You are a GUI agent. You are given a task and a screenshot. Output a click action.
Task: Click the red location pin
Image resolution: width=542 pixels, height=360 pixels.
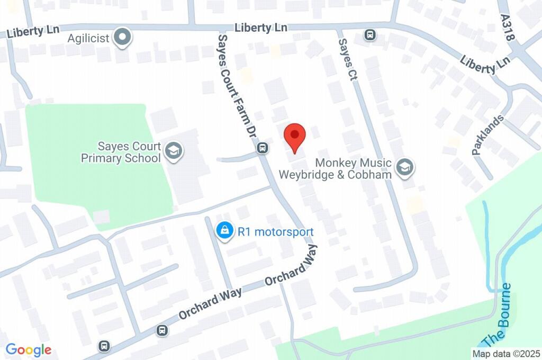pyautogui.click(x=295, y=137)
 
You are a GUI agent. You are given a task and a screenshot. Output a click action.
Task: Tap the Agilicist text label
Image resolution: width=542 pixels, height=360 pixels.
pyautogui.click(x=88, y=38)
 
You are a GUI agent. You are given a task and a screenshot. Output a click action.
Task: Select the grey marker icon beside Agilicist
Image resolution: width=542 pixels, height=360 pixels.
pyautogui.click(x=123, y=38)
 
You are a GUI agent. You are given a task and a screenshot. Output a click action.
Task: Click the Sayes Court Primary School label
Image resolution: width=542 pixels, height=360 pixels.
pyautogui.click(x=121, y=152)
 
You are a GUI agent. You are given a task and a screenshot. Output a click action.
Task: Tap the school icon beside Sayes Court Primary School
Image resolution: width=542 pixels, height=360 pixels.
pyautogui.click(x=173, y=151)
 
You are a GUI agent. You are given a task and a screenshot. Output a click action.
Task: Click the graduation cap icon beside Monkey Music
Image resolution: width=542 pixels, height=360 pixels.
pyautogui.click(x=405, y=167)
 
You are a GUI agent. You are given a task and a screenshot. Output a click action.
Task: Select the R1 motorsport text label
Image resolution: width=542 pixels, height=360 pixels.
pyautogui.click(x=276, y=231)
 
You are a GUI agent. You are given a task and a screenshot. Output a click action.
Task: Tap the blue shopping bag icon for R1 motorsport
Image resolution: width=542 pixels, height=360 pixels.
pyautogui.click(x=225, y=231)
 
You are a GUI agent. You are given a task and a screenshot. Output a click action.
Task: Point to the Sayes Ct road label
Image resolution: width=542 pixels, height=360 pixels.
pyautogui.click(x=346, y=60)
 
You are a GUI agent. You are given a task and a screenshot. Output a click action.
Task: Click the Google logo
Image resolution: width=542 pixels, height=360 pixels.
pyautogui.click(x=29, y=349)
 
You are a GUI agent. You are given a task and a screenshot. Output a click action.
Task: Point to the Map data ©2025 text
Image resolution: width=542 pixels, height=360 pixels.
pyautogui.click(x=506, y=353)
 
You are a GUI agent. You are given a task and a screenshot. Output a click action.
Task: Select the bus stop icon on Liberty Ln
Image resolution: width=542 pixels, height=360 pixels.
pyautogui.click(x=369, y=35)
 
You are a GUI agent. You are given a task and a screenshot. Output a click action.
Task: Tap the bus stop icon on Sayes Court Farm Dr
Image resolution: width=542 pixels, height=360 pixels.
pyautogui.click(x=262, y=148)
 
